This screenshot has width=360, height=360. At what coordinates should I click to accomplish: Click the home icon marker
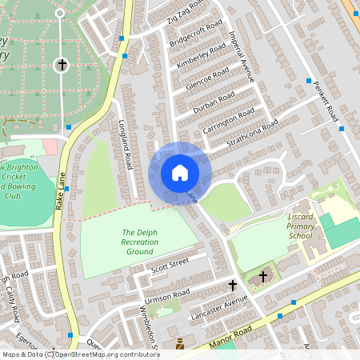tap(180, 172)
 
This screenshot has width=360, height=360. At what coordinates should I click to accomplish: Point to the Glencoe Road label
tap(206, 78)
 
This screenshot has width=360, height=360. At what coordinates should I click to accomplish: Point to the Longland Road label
tap(125, 145)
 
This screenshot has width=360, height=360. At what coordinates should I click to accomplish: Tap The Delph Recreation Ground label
tap(138, 242)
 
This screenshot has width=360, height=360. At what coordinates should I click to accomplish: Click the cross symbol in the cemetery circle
tap(61, 65)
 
